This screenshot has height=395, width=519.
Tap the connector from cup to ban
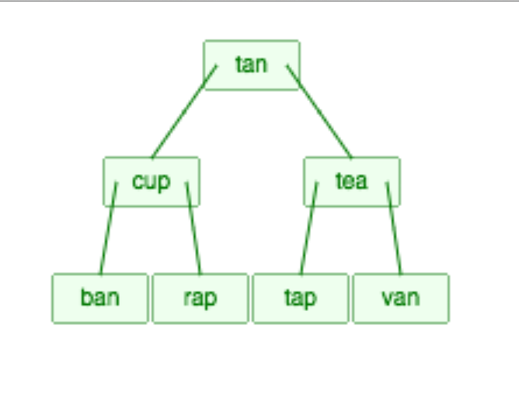107,230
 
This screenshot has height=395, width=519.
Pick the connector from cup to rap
193,230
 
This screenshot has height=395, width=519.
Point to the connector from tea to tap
308,230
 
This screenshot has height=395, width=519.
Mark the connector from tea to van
394,230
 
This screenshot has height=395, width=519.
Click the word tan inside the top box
251,64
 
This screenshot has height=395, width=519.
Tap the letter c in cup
138,182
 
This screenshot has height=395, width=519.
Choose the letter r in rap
187,298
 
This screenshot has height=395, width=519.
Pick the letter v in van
388,299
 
